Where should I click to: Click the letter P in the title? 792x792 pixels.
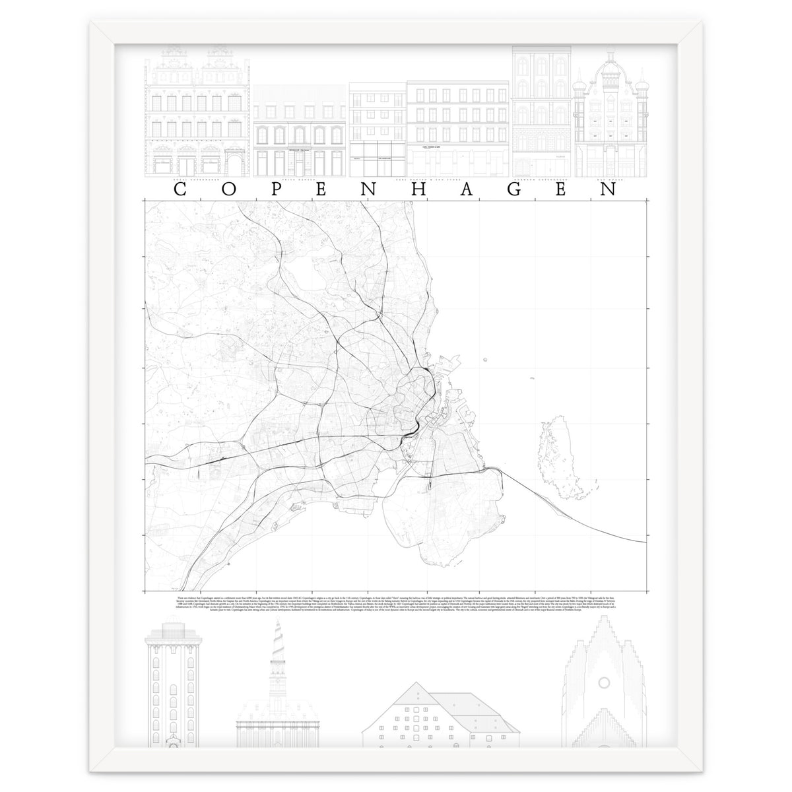284,189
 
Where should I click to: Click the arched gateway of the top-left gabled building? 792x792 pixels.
234,162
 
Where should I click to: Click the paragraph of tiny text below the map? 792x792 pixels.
396,603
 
